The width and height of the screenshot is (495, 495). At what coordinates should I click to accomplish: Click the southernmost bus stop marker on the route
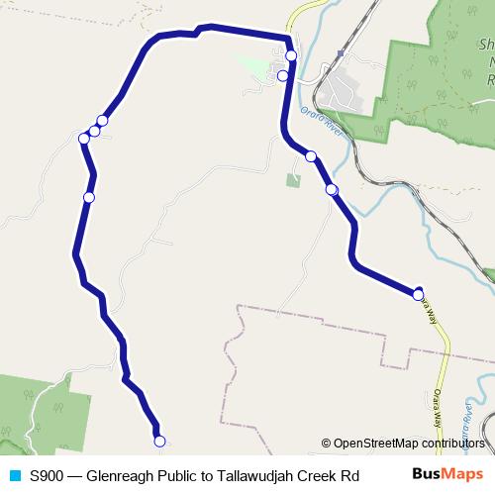(159, 442)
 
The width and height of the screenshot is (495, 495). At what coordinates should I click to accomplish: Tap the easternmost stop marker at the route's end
(419, 294)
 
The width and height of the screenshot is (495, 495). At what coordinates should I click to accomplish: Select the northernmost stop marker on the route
(291, 55)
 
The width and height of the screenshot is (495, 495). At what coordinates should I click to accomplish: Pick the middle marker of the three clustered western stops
(94, 131)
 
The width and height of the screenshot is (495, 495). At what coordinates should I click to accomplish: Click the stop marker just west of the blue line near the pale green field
(282, 75)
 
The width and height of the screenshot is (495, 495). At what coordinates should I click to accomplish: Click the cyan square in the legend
(13, 475)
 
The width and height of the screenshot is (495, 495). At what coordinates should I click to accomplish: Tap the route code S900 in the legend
(48, 475)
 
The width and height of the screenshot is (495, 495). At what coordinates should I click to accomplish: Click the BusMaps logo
(447, 474)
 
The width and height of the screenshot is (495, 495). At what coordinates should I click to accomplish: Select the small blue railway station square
(341, 52)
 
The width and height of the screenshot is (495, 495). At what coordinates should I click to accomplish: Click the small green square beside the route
(293, 180)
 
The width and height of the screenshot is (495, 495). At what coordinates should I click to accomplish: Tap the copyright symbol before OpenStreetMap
(326, 444)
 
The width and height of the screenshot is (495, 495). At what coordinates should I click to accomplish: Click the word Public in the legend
(180, 475)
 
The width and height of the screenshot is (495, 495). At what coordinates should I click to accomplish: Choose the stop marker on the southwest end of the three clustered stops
(84, 139)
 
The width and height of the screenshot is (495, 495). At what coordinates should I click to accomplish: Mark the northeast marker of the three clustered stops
(102, 121)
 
